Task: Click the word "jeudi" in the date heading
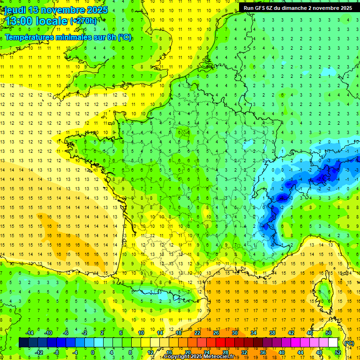point(15,9)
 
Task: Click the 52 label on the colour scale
point(337,352)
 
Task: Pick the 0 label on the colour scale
point(93,352)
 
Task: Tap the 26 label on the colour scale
point(216,333)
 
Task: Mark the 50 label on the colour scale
point(328,333)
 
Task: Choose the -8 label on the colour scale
point(57,352)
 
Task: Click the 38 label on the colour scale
point(272,333)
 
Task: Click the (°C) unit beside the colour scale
point(349,343)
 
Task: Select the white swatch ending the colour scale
point(333,343)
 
